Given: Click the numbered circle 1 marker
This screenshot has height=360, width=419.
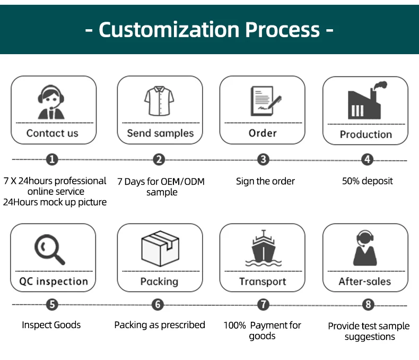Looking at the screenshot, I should tap(52, 159).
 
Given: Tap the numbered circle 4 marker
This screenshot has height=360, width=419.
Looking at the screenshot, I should tap(368, 159).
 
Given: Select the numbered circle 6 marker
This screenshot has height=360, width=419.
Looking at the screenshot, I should tap(158, 305).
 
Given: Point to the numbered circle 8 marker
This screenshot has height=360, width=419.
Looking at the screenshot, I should tap(368, 305).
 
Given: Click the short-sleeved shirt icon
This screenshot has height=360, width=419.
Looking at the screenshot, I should tap(159, 101).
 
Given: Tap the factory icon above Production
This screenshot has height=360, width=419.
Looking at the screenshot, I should tap(366, 101).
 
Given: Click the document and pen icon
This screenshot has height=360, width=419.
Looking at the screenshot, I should tap(264, 101).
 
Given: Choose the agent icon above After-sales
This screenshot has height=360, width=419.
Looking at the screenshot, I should tap(365, 248).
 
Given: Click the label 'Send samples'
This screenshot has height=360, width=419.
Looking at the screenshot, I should tap(160, 133).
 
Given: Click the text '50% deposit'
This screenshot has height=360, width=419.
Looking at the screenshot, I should tap(368, 181).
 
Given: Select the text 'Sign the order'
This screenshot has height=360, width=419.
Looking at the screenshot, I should tap(265, 181).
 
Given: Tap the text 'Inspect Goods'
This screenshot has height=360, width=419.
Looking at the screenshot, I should tap(51, 324).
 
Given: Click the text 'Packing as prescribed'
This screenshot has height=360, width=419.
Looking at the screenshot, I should tap(160, 324).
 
